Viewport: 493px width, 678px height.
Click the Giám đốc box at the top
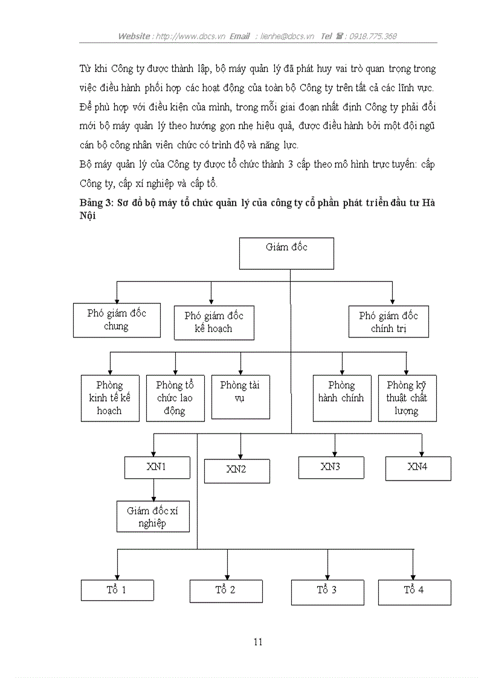[x=286, y=253]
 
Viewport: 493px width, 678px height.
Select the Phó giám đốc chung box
[x=117, y=320]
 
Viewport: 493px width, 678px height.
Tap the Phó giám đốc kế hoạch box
[x=214, y=322]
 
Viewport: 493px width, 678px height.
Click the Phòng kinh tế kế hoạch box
[x=110, y=398]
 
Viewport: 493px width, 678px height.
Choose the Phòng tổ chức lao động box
[x=175, y=398]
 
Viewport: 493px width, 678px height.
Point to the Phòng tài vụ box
[x=240, y=397]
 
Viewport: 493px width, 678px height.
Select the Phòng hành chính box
[x=342, y=398]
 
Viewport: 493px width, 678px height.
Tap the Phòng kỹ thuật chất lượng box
[x=407, y=398]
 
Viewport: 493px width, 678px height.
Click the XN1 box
[x=156, y=467]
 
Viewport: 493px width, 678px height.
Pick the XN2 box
[x=237, y=470]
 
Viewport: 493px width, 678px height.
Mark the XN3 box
[x=331, y=467]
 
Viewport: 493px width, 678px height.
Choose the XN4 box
[x=418, y=468]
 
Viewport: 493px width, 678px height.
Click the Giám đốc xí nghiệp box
[x=153, y=517]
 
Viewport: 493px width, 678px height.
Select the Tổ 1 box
[x=117, y=590]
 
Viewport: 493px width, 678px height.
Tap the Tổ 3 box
[x=327, y=592]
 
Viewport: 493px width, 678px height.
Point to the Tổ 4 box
[x=414, y=592]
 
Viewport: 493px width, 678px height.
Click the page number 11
[x=258, y=642]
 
